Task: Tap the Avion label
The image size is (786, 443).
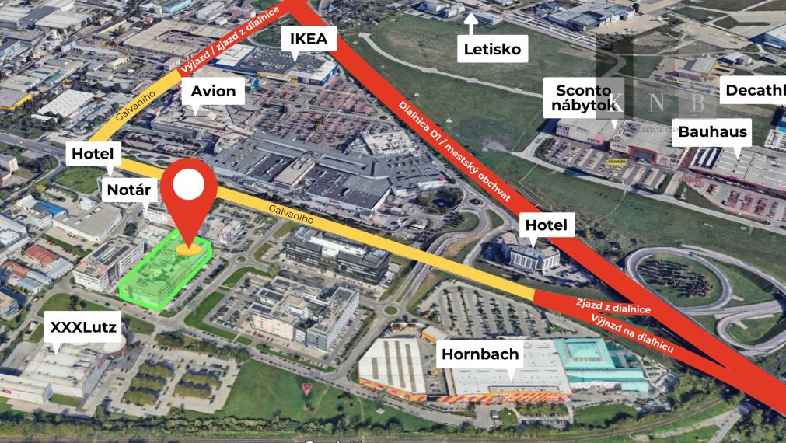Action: (213, 92)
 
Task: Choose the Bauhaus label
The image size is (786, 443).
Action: (712, 131)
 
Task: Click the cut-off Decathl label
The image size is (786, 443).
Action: (753, 90)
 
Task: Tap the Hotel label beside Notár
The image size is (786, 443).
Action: (93, 154)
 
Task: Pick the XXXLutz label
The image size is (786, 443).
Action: (83, 327)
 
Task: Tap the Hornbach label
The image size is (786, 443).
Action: (480, 355)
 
